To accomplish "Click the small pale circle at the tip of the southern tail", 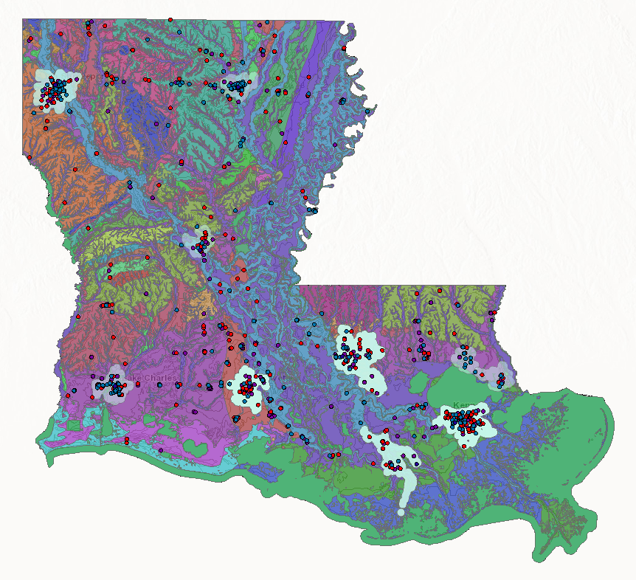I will coord(401,511).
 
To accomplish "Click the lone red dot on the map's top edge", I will coord(170,20).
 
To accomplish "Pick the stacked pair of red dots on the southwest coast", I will coord(127,441).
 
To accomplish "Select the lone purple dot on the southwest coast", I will coord(161,450).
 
